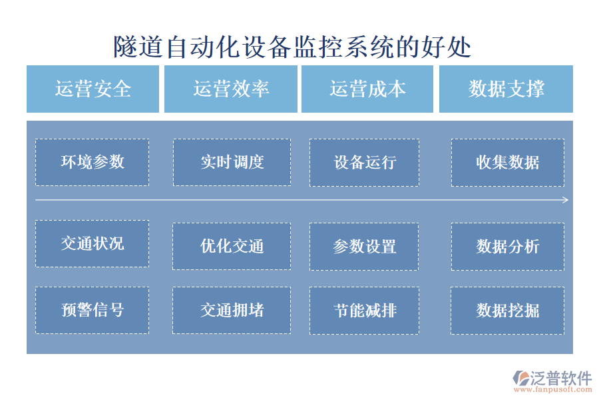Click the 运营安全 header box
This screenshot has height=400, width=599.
[93, 89]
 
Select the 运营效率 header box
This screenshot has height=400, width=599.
[230, 89]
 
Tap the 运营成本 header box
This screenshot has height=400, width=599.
[367, 89]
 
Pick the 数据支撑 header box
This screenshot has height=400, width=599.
[506, 89]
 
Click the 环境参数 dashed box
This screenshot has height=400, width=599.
[92, 162]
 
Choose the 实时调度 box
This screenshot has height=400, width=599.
[232, 162]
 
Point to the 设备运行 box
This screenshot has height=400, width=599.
[364, 162]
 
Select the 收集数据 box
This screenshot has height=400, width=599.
[507, 162]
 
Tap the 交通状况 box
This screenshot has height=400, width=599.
[92, 243]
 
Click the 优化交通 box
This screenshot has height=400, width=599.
[232, 246]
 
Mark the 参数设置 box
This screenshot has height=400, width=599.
[364, 246]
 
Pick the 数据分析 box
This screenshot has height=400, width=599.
[507, 246]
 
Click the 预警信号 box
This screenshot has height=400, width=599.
[92, 310]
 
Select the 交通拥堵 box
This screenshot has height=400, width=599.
[232, 310]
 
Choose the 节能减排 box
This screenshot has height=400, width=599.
[364, 310]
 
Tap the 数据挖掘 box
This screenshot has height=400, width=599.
[507, 310]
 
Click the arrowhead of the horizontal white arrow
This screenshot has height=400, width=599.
[566, 200]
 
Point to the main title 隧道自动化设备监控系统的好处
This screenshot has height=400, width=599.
[292, 47]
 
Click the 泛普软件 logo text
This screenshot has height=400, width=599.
[560, 378]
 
